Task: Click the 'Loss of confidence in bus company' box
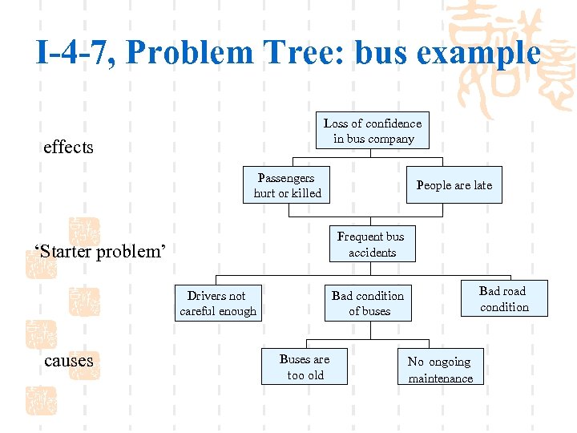[x=372, y=131]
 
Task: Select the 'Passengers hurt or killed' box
[x=287, y=185]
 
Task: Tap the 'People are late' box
[x=454, y=185]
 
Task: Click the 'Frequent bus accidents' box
[x=371, y=245]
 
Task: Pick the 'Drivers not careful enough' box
[x=218, y=303]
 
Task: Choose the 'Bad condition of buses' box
[x=368, y=303]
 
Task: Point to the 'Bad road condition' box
[x=504, y=299]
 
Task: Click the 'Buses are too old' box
[x=305, y=367]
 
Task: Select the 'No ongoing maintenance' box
[x=440, y=370]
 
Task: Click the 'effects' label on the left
[x=68, y=148]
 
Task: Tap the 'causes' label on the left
[x=69, y=361]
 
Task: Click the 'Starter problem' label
[x=100, y=252]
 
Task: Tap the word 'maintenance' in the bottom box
[x=441, y=378]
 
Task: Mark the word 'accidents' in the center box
[x=372, y=253]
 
